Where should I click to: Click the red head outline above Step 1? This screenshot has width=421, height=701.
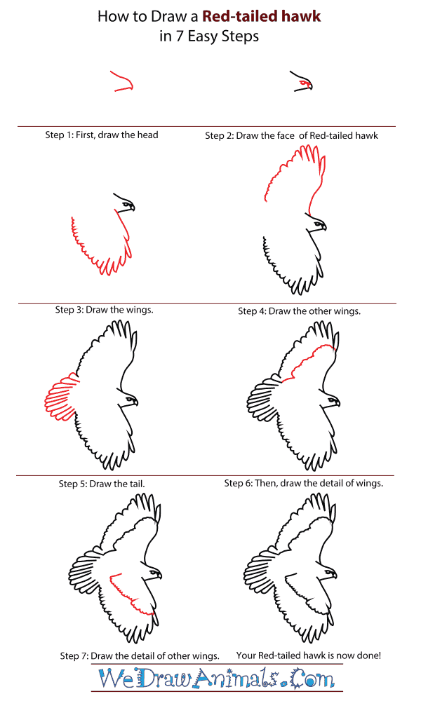(122, 82)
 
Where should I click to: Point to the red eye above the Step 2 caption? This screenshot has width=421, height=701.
(303, 83)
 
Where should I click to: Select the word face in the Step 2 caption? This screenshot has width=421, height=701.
(284, 135)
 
